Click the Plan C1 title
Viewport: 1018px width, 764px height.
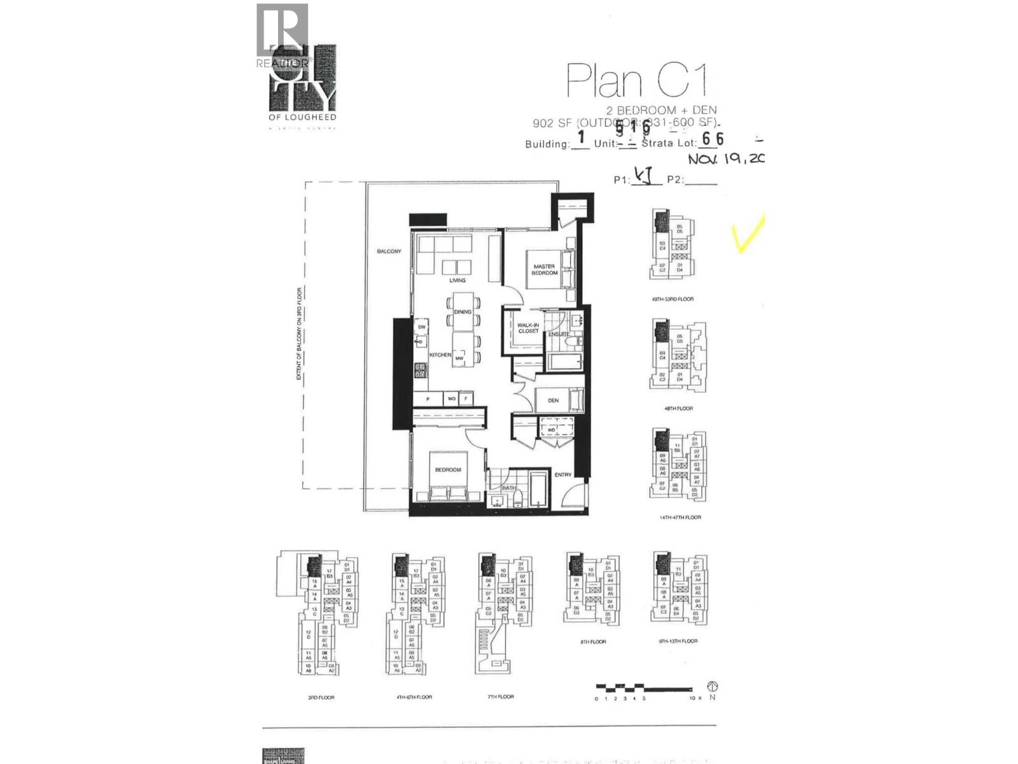pyautogui.click(x=636, y=81)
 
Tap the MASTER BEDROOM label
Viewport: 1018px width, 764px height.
pyautogui.click(x=545, y=270)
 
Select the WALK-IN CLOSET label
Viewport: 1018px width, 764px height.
pyautogui.click(x=528, y=328)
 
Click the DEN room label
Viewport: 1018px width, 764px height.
pyautogui.click(x=553, y=400)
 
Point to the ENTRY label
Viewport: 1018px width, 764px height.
pyautogui.click(x=563, y=475)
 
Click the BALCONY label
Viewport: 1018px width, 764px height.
pyautogui.click(x=389, y=251)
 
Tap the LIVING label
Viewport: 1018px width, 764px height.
pyautogui.click(x=457, y=280)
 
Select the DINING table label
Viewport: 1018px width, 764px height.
pyautogui.click(x=463, y=312)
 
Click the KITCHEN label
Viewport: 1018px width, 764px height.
pyautogui.click(x=440, y=355)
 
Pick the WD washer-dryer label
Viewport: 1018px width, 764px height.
pyautogui.click(x=552, y=430)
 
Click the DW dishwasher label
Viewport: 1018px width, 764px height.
pyautogui.click(x=421, y=327)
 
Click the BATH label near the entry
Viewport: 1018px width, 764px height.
pyautogui.click(x=509, y=488)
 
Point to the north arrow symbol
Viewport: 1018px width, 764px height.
pyautogui.click(x=713, y=687)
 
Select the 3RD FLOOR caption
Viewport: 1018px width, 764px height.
pyautogui.click(x=321, y=698)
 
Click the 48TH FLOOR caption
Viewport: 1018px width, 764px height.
pyautogui.click(x=678, y=409)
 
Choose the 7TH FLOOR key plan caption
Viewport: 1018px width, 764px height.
pyautogui.click(x=501, y=697)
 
